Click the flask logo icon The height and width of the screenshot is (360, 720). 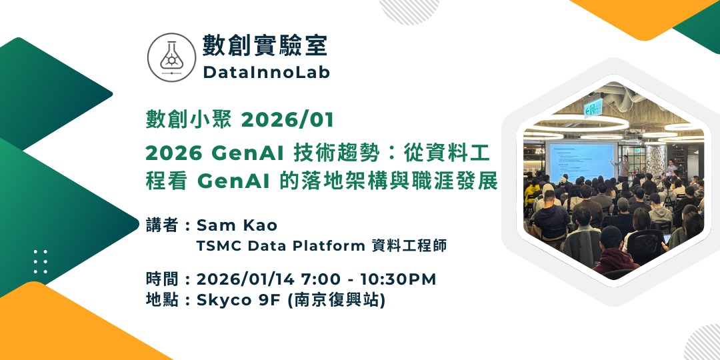(x=171, y=57)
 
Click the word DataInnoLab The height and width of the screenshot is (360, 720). (x=266, y=72)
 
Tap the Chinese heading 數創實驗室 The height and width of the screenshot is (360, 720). (x=265, y=46)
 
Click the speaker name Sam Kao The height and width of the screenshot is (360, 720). (x=237, y=225)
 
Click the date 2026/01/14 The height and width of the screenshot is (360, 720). (x=245, y=279)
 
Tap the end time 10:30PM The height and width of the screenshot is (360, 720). (x=398, y=279)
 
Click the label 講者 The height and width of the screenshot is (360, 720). (x=160, y=225)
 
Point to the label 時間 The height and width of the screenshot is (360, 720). (x=160, y=279)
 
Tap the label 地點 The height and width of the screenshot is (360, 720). (x=160, y=300)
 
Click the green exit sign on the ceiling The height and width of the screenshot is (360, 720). (x=593, y=108)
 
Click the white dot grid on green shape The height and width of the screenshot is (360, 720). (x=41, y=262)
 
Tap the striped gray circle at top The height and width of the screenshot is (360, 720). (x=409, y=9)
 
